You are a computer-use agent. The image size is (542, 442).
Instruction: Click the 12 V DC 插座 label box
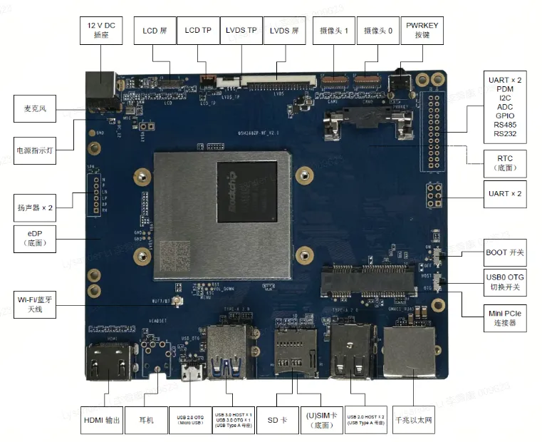pos(100,30)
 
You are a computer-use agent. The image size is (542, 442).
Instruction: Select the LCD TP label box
pos(197,31)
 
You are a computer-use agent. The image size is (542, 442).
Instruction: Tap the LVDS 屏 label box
pos(285,31)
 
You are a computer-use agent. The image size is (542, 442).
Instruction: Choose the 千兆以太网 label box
pos(414,421)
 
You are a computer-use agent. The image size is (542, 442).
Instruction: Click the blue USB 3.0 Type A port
pos(226,352)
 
